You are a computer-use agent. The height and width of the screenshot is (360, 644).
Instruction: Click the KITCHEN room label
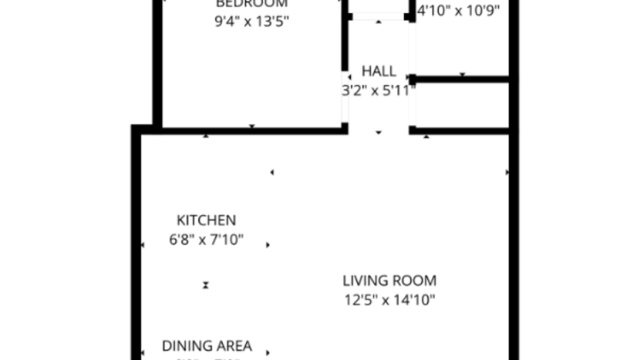[x=206, y=220]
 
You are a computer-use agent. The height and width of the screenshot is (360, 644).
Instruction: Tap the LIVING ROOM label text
[x=389, y=281]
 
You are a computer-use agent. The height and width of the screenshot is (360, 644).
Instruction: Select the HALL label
[x=379, y=71]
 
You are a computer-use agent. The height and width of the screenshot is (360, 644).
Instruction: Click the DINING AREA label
[x=206, y=345]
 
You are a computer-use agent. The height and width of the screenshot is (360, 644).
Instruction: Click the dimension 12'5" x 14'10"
[x=389, y=300]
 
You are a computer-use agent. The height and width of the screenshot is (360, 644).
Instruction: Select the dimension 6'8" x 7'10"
[x=206, y=240]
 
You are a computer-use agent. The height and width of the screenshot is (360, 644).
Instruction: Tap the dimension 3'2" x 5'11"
[x=379, y=90]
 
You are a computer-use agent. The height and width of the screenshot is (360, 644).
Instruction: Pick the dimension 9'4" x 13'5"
[x=251, y=22]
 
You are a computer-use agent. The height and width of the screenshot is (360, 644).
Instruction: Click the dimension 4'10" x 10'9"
[x=458, y=11]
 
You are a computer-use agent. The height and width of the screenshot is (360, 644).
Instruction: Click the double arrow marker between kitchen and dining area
[x=206, y=285]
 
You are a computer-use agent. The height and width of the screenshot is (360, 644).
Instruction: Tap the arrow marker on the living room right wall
[x=507, y=173]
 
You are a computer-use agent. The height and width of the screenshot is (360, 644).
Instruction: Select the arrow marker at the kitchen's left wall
[x=143, y=246]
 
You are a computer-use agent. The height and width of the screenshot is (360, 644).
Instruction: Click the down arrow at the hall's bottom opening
[x=379, y=133]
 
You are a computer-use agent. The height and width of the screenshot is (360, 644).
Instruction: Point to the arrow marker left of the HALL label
[x=349, y=76]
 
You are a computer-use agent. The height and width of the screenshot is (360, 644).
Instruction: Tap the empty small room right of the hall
[x=461, y=105]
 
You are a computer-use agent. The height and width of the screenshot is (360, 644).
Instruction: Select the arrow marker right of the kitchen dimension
[x=268, y=245]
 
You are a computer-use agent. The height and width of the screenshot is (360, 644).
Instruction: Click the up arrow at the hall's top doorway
[x=379, y=22]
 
